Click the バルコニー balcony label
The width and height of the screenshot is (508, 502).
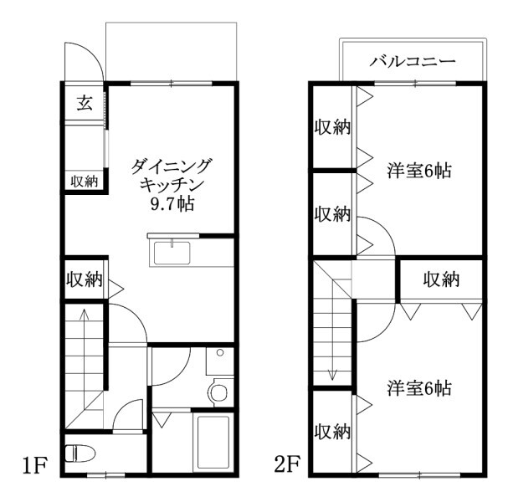click(x=413, y=62)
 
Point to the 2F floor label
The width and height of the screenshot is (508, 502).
click(x=285, y=464)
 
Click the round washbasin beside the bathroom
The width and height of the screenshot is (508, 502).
click(x=219, y=391)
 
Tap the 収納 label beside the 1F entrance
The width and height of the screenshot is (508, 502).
click(x=84, y=180)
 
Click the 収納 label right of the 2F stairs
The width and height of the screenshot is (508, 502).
click(x=440, y=279)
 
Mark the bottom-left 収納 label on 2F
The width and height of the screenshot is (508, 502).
click(x=331, y=433)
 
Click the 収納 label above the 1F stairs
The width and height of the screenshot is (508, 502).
click(x=84, y=279)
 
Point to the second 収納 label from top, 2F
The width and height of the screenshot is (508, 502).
click(x=331, y=213)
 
